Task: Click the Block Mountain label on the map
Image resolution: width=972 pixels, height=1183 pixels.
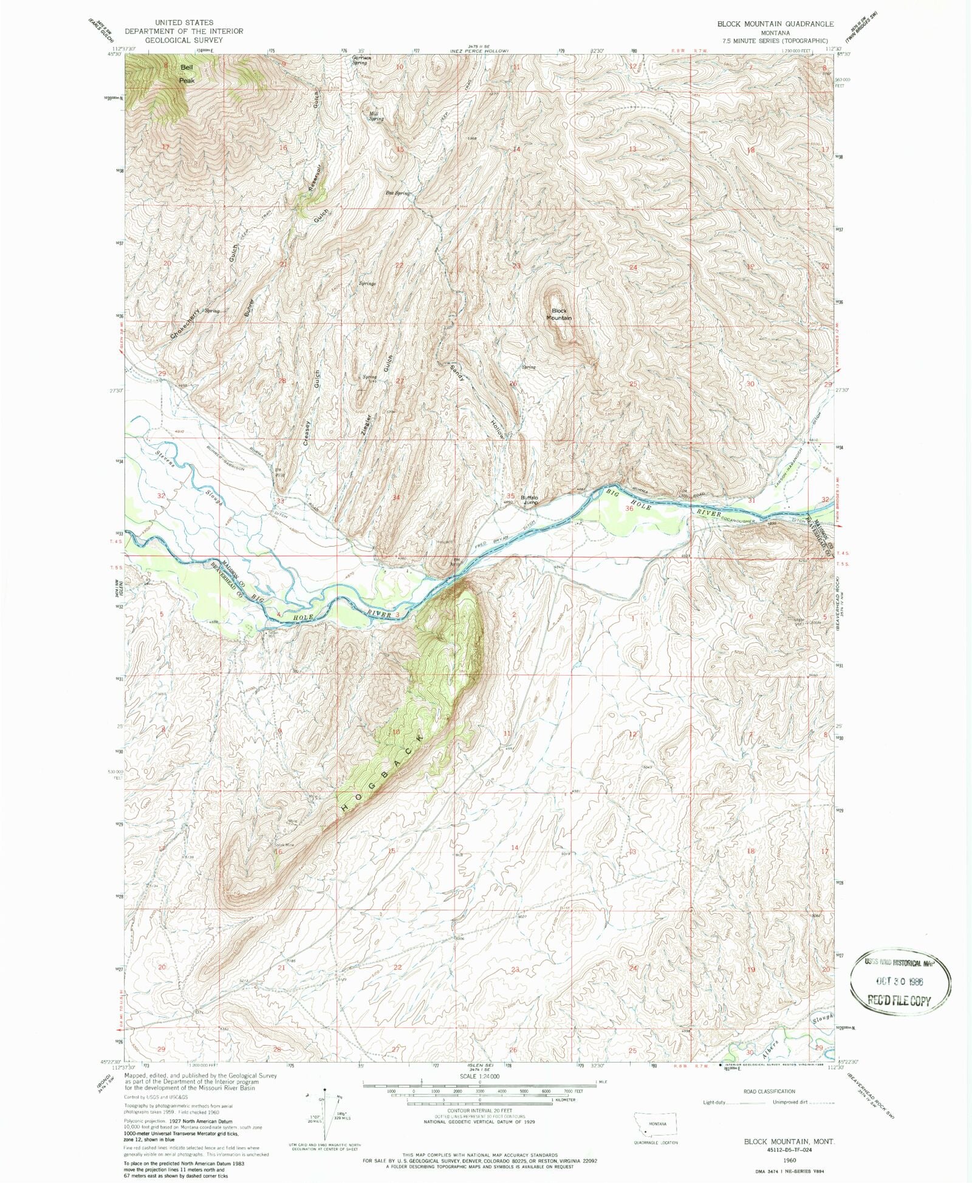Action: pyautogui.click(x=558, y=314)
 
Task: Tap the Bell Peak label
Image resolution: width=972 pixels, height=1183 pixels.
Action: pyautogui.click(x=187, y=74)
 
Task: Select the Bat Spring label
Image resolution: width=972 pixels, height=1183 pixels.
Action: pyautogui.click(x=398, y=193)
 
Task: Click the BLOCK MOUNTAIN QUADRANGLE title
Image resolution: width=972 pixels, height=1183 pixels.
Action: pyautogui.click(x=775, y=24)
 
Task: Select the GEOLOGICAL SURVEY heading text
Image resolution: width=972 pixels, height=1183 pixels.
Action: pyautogui.click(x=183, y=40)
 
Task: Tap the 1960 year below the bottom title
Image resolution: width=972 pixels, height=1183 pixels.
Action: pyautogui.click(x=790, y=1159)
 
